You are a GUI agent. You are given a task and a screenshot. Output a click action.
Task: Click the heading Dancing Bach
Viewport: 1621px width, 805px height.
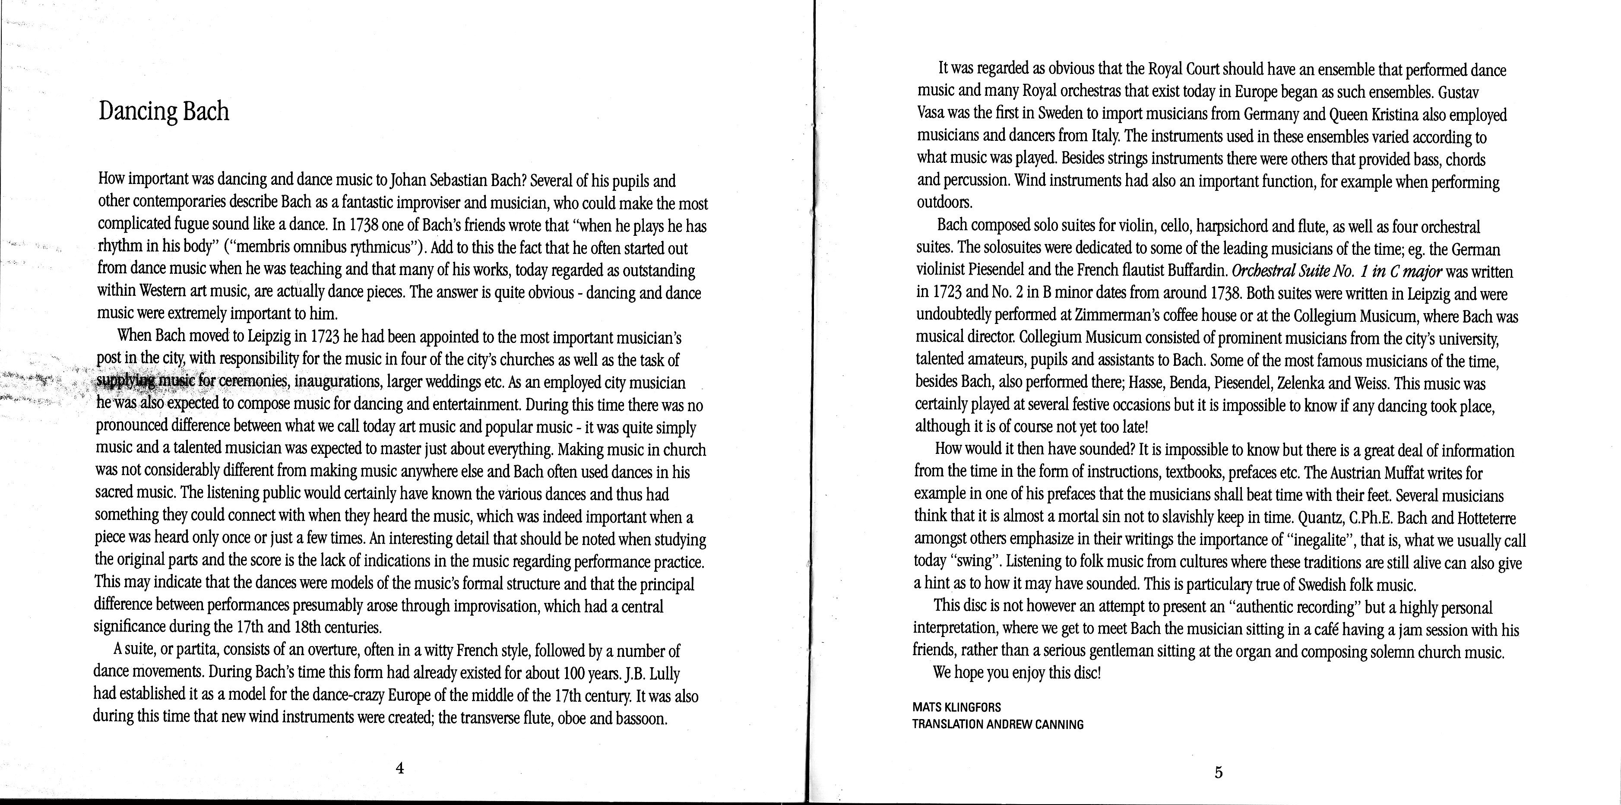(x=164, y=112)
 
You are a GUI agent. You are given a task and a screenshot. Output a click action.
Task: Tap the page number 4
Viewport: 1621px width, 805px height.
(x=399, y=768)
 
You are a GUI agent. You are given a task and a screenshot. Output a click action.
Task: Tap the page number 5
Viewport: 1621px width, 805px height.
(x=1218, y=772)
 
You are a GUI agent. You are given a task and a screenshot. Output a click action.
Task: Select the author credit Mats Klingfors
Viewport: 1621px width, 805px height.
(x=956, y=707)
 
